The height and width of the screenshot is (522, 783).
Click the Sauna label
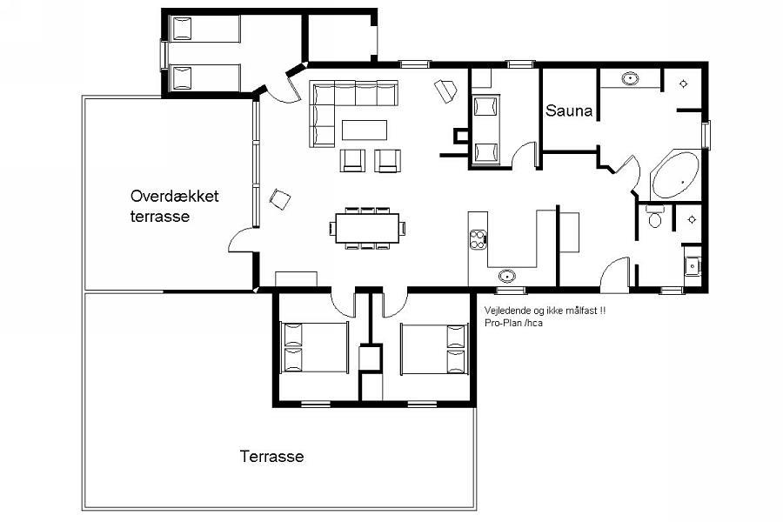[x=569, y=110]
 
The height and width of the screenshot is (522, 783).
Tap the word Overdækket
[x=174, y=196]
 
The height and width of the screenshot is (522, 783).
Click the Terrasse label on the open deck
[x=271, y=456]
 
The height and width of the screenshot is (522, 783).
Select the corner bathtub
[x=675, y=175]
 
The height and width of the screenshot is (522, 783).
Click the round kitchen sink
[x=507, y=275]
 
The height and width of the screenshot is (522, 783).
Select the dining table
[x=367, y=228]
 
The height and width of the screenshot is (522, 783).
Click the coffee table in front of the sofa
[x=365, y=130]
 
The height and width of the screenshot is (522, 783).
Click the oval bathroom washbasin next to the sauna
[x=631, y=78]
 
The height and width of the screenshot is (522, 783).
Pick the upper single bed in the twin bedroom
[x=204, y=29]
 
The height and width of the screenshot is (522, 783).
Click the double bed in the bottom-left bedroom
[x=314, y=347]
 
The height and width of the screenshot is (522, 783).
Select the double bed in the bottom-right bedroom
[x=434, y=349]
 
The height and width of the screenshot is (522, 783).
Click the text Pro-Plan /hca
[x=513, y=323]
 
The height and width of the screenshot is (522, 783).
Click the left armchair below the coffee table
[x=352, y=161]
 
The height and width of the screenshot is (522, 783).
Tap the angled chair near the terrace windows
[x=280, y=199]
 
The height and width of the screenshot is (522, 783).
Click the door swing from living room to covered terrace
[x=242, y=239]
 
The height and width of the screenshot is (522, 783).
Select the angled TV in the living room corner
[x=445, y=90]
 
